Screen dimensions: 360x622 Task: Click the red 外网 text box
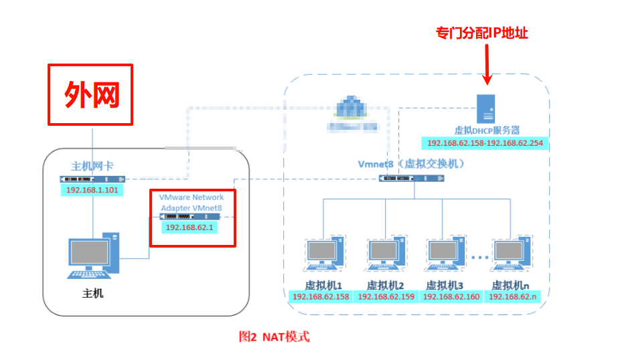pos(90,94)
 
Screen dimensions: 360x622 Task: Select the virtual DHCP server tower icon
pos(487,108)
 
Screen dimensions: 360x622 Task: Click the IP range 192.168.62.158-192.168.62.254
pos(484,143)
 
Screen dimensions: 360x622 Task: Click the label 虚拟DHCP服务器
pos(487,130)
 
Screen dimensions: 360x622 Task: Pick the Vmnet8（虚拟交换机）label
pos(411,163)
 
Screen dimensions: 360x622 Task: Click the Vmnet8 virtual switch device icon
pos(411,178)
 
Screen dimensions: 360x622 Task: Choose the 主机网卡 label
pos(92,166)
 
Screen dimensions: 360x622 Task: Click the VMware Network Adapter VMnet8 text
pos(191,203)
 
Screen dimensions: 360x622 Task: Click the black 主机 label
pos(93,293)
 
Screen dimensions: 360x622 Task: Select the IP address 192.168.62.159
pos(386,296)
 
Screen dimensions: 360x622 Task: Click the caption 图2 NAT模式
pos(275,337)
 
